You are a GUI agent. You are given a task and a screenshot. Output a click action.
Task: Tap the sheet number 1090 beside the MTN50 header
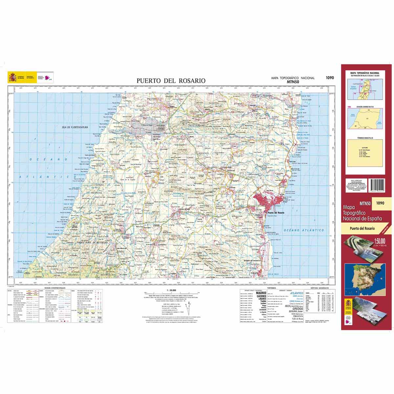[330, 78]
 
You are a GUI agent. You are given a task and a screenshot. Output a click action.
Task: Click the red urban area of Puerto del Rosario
[268, 201]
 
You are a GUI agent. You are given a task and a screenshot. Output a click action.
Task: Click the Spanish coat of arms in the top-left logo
[12, 78]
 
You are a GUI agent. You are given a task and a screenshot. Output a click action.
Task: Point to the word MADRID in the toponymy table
[263, 293]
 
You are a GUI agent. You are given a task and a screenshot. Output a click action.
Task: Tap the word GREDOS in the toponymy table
[296, 309]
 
